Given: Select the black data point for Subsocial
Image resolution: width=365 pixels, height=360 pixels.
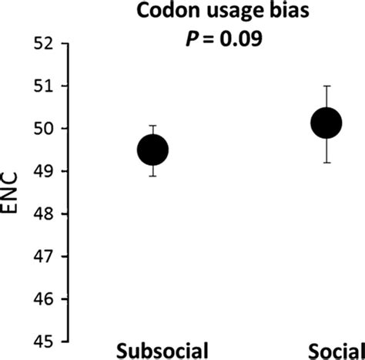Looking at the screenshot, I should [152, 150].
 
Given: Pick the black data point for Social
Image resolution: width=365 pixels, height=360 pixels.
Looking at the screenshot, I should [326, 123].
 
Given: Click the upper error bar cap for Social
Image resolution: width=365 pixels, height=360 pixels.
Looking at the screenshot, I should [326, 86].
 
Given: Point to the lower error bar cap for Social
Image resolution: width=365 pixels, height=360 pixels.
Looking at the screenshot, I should [326, 162].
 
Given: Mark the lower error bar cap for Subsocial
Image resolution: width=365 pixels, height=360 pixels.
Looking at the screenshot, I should [152, 176].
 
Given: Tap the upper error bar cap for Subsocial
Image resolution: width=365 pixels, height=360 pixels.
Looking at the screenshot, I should [152, 126].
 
